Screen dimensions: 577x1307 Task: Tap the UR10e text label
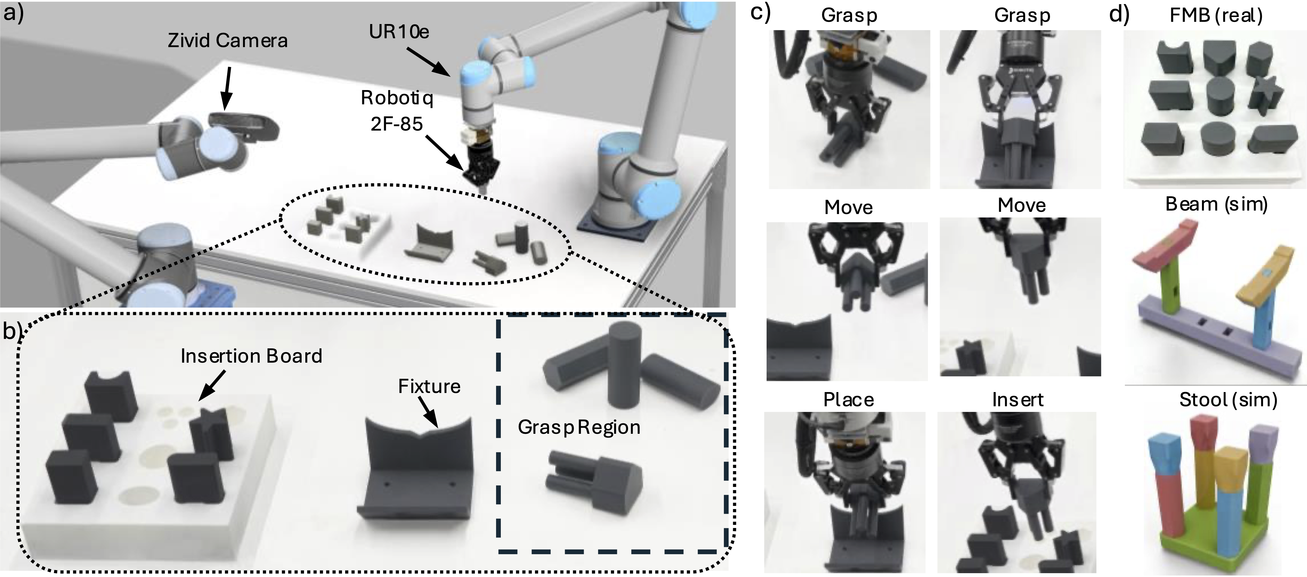[399, 32]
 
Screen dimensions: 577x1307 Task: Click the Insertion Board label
[251, 356]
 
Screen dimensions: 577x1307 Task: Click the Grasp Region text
[579, 427]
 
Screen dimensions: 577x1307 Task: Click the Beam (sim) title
[1216, 204]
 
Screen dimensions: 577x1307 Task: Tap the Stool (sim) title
[1228, 400]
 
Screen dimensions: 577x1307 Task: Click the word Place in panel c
[848, 400]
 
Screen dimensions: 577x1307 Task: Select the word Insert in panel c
[1018, 400]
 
